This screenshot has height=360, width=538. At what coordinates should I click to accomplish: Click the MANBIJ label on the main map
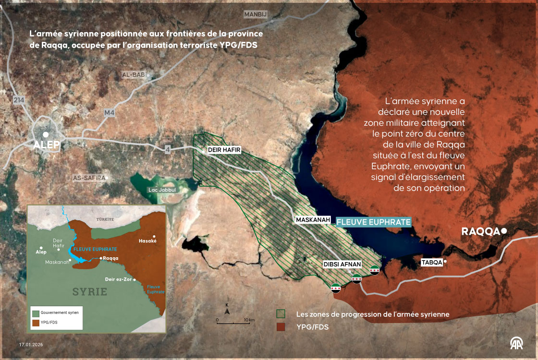pyautogui.click(x=255, y=14)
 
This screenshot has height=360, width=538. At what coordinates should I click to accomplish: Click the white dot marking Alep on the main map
pyautogui.click(x=45, y=135)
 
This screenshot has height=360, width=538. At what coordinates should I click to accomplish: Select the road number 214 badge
pyautogui.click(x=19, y=99)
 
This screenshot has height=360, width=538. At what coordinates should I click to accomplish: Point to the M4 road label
pyautogui.click(x=110, y=113)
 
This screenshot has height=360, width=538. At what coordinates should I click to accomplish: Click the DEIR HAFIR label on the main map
pyautogui.click(x=223, y=150)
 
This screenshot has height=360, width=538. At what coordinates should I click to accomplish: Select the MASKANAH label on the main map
pyautogui.click(x=313, y=220)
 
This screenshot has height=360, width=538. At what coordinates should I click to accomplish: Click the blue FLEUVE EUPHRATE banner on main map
pyautogui.click(x=374, y=222)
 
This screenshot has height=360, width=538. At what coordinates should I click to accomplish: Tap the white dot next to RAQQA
pyautogui.click(x=504, y=231)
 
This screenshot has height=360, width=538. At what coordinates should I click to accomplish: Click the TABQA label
pyautogui.click(x=431, y=262)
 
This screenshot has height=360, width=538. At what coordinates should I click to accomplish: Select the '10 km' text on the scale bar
pyautogui.click(x=249, y=320)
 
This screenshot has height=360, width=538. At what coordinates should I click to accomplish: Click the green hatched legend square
pyautogui.click(x=281, y=314)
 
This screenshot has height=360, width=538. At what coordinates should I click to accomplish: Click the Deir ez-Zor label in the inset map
pyautogui.click(x=118, y=279)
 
